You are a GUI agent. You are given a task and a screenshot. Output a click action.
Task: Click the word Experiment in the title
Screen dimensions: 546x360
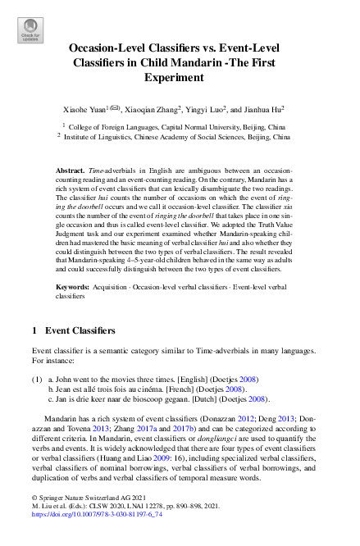pos(179,77)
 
